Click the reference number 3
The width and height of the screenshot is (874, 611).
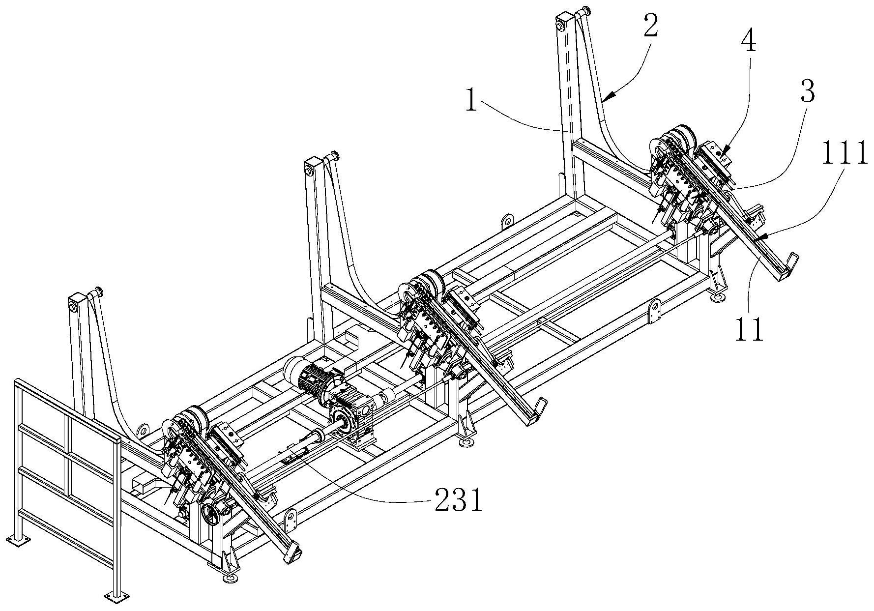click(x=806, y=92)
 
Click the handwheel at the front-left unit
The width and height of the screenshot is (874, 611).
click(x=212, y=517)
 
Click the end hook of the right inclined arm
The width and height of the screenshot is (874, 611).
click(x=790, y=263)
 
